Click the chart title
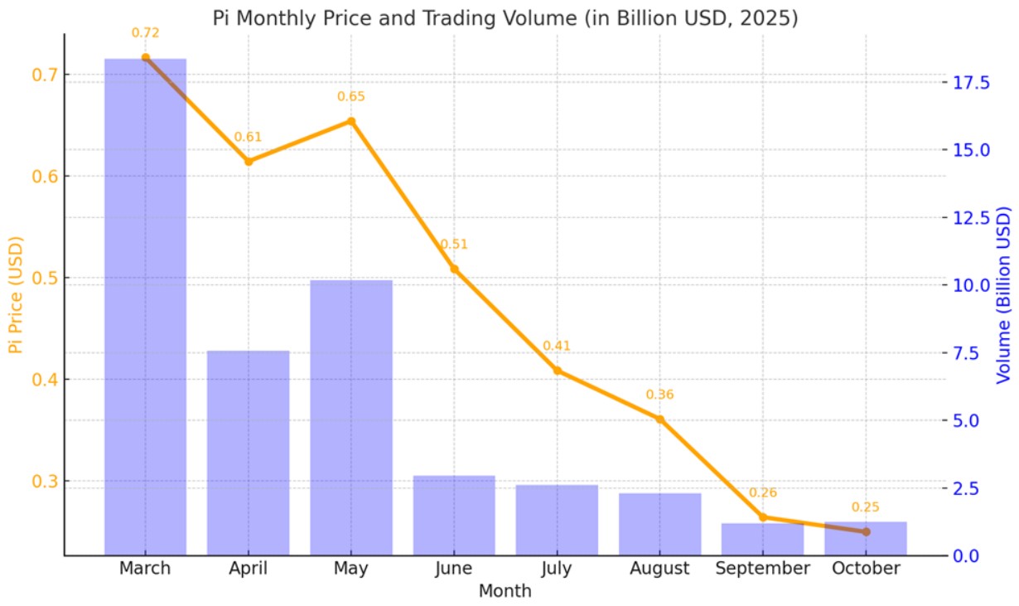505,19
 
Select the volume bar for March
145,307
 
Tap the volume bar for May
351,418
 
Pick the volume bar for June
454,516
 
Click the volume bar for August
660,524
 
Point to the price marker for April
249,162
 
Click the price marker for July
558,371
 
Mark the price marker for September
763,516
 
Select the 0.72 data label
145,33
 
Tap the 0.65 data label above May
350,96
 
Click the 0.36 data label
659,395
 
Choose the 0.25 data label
865,507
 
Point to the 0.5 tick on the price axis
45,278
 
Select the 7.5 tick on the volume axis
966,353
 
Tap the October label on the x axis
866,568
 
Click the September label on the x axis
763,568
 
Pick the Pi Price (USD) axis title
16,294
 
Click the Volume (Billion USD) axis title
1002,295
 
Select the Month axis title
505,591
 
